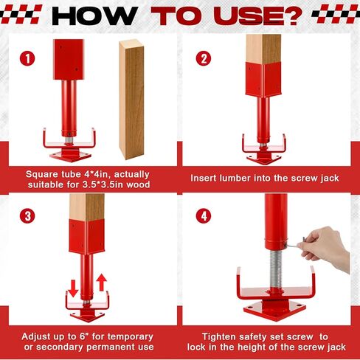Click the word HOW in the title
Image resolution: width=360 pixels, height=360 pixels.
tap(96, 14)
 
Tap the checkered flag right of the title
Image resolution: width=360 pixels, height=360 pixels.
tap(335, 13)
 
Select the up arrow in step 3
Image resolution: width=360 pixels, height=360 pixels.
tap(101, 283)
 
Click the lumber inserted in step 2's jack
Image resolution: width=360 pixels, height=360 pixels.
tap(263, 48)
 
